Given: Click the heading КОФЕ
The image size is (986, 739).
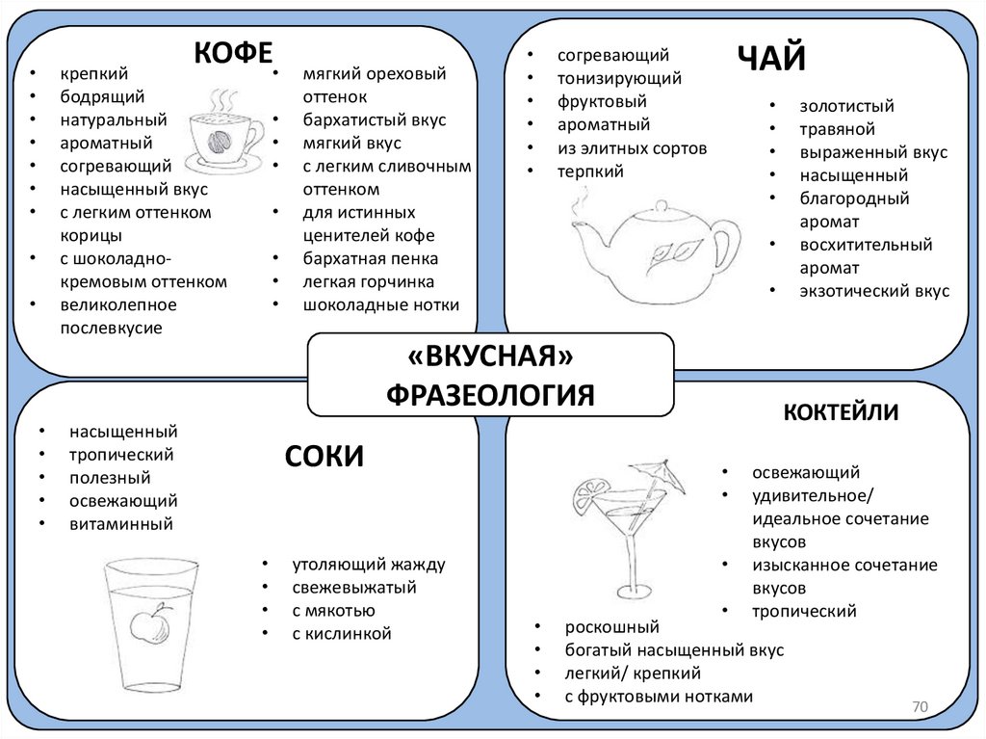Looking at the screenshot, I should coord(234,52).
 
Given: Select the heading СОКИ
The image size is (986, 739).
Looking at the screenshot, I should coord(324,455).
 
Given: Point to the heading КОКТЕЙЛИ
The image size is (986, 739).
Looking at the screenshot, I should coord(841,412).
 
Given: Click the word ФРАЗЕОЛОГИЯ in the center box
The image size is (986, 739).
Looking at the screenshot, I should coord(490,394).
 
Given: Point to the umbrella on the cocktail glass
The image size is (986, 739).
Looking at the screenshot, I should coord(658,475).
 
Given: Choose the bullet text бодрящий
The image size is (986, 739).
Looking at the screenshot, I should coord(102,96).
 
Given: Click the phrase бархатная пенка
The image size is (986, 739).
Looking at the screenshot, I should coord(370,259).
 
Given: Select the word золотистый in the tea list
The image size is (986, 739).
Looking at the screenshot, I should coord(846,106).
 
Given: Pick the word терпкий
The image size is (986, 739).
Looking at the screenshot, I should coord(590,172).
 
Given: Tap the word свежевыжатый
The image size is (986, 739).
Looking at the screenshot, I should coord(354,587).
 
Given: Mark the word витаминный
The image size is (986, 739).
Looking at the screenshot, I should coord(121,524).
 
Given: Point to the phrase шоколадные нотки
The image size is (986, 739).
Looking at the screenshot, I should coord(380,305).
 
